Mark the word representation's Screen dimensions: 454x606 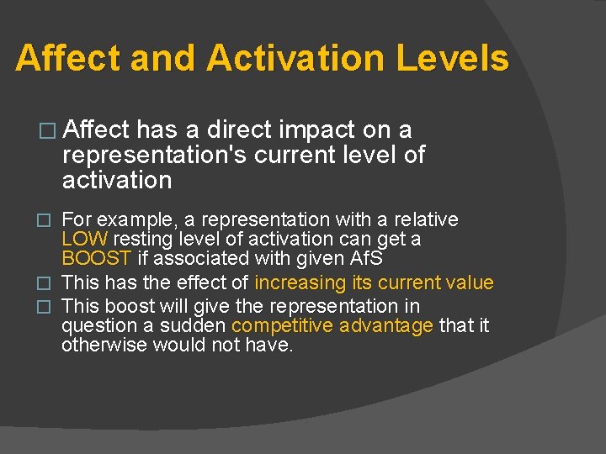(155, 156)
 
